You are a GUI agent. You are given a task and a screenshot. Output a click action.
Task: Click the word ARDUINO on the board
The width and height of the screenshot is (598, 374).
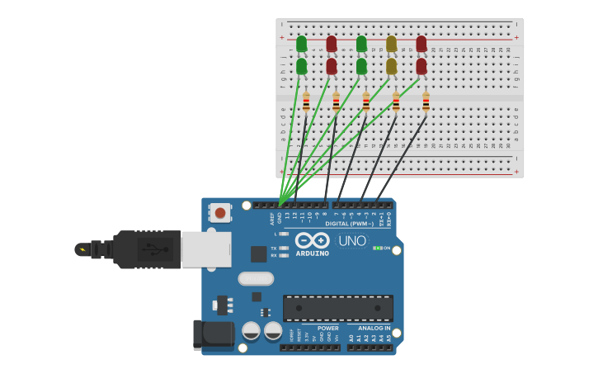click(312, 253)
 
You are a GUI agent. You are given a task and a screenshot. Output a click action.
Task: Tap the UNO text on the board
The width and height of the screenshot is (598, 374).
click(352, 240)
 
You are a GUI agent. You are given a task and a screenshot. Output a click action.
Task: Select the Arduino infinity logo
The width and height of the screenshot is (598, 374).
click(312, 240)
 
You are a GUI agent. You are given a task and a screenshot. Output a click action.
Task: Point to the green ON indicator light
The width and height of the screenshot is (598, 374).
click(377, 248)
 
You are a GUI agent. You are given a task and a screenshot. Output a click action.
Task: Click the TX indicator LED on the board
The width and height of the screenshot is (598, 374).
click(285, 248)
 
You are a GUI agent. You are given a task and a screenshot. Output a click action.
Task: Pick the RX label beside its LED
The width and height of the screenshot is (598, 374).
click(274, 255)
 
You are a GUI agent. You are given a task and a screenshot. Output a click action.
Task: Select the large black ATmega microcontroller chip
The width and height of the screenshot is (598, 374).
click(337, 308)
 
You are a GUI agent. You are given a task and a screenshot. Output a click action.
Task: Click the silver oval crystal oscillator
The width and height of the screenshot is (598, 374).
click(256, 278)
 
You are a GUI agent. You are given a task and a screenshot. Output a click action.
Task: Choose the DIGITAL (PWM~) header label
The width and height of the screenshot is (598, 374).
click(349, 223)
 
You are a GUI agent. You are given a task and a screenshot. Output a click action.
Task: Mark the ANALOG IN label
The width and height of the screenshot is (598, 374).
click(374, 328)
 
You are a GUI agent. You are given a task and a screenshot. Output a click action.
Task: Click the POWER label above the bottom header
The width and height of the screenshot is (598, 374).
click(327, 328)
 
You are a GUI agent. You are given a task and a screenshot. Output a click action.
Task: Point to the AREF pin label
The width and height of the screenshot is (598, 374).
click(272, 218)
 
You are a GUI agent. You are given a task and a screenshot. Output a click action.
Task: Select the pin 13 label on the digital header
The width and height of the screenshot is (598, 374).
click(287, 215)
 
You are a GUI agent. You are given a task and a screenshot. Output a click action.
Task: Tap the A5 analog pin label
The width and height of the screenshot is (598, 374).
click(388, 338)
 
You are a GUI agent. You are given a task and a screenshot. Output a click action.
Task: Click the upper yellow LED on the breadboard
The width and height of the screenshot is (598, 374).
click(391, 44)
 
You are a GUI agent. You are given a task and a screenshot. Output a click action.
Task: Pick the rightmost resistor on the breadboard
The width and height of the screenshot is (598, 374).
click(426, 102)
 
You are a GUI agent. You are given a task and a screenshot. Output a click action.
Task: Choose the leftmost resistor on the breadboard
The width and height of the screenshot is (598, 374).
click(306, 102)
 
